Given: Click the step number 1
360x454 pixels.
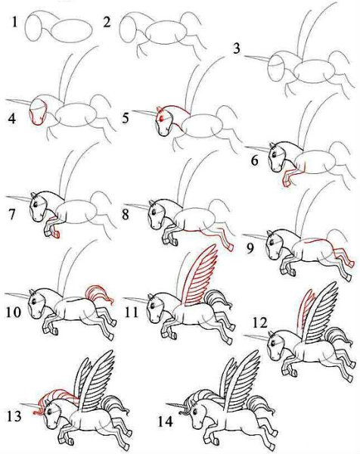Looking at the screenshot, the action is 14,22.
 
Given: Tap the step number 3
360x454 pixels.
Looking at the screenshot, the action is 237,48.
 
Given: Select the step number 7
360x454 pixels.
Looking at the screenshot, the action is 12,214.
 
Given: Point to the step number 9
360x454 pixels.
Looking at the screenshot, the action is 250,248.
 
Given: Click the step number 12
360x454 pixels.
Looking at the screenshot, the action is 260,322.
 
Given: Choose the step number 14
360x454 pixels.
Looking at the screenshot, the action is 165,421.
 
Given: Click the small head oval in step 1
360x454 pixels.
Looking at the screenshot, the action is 33,27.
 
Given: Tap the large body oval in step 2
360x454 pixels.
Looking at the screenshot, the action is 166,33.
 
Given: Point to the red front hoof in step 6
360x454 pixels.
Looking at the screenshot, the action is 286,182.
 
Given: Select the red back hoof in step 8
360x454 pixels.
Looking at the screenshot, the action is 231,246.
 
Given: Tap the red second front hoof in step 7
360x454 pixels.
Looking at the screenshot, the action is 56,235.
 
